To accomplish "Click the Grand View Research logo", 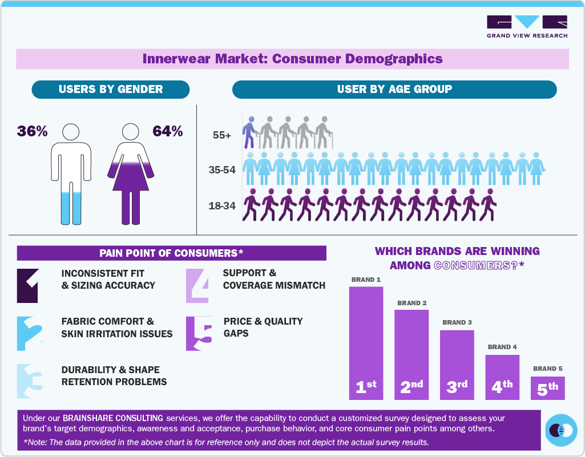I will (x=527, y=26).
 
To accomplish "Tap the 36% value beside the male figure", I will (x=32, y=131).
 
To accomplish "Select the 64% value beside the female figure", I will (x=167, y=131).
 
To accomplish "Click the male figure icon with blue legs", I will (x=71, y=174).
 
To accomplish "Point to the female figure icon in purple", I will (x=131, y=174).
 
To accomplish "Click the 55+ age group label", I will (x=222, y=136).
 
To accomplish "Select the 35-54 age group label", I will (x=221, y=170).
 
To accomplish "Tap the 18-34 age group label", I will (x=222, y=205).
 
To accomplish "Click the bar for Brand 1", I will (x=366, y=342).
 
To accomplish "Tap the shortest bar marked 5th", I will (x=548, y=388).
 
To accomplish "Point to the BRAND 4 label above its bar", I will (x=502, y=347).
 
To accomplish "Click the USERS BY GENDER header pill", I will (x=111, y=89).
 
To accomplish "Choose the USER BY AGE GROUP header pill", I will (x=394, y=89).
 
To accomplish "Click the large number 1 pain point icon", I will (x=27, y=285).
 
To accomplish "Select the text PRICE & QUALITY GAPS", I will (x=263, y=327).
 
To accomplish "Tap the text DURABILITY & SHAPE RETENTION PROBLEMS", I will (x=114, y=375).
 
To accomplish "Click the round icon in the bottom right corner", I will (x=561, y=430).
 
